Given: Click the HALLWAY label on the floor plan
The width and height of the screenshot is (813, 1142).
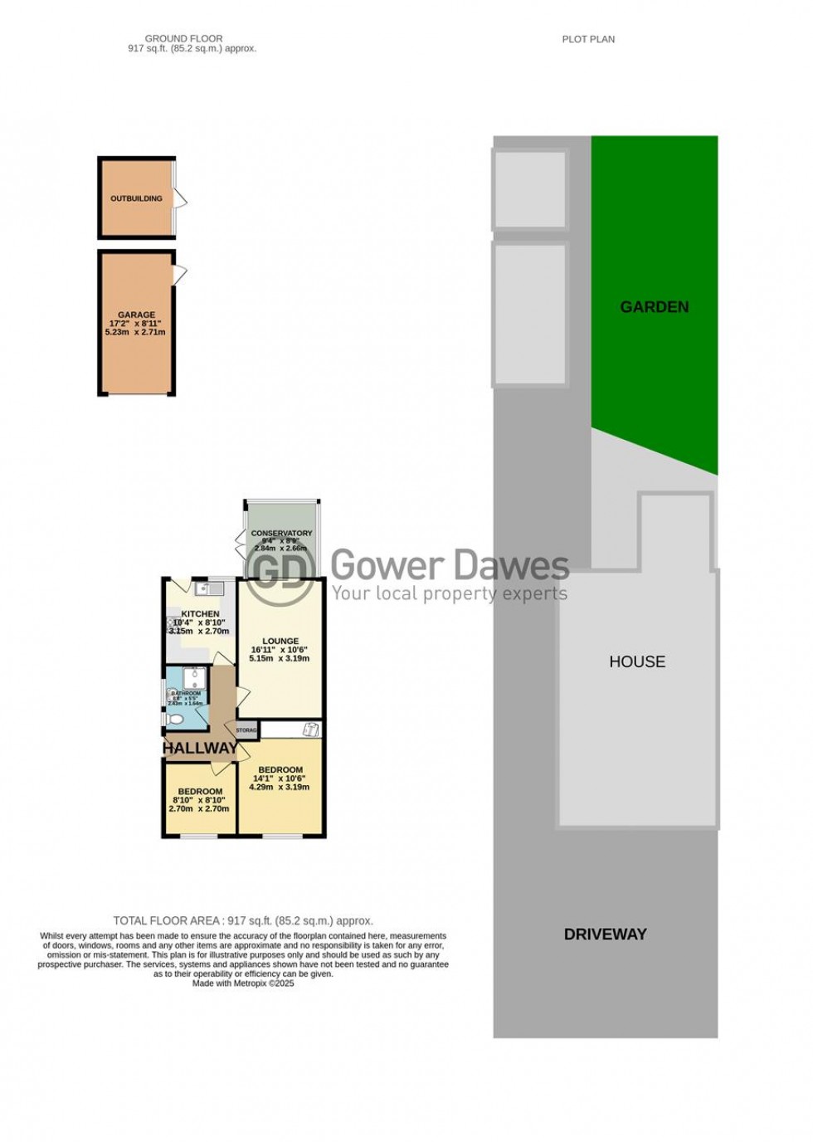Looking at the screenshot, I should click(x=199, y=748).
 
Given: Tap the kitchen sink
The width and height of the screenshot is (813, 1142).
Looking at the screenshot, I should click(x=208, y=589).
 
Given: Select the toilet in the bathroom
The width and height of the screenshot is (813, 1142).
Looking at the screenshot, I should click(x=175, y=719).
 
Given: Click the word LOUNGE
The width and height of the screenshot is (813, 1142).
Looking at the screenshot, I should click(x=280, y=641).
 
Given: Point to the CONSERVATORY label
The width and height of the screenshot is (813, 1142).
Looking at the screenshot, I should click(x=281, y=533).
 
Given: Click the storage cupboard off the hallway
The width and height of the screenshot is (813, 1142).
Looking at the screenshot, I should click(x=246, y=730).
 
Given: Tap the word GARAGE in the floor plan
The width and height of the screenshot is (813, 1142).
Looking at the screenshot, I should click(x=136, y=315).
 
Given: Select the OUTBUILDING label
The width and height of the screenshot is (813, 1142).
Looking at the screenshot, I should click(x=136, y=198).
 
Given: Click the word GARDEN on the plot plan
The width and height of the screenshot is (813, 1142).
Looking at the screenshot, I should click(x=654, y=307).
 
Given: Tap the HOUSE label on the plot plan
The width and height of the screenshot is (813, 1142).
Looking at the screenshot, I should click(x=637, y=661).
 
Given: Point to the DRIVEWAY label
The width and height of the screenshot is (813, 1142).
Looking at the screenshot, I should click(x=605, y=934).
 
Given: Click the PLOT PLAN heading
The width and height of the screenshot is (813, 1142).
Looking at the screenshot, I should click(x=588, y=39).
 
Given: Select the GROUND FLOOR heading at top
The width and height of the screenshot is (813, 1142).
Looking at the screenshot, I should click(x=183, y=38).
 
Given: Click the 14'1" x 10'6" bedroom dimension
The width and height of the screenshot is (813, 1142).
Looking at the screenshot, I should click(x=280, y=778).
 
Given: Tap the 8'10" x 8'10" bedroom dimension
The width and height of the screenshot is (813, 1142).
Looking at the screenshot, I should click(x=199, y=800).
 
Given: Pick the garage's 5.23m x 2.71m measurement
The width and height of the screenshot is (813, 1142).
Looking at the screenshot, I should click(x=135, y=332).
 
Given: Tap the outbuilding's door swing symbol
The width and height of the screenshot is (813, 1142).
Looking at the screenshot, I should click(x=180, y=199).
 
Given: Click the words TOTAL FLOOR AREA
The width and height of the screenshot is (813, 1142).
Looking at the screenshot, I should click(x=166, y=920).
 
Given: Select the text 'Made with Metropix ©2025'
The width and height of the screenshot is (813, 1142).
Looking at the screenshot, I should click(x=243, y=983).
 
